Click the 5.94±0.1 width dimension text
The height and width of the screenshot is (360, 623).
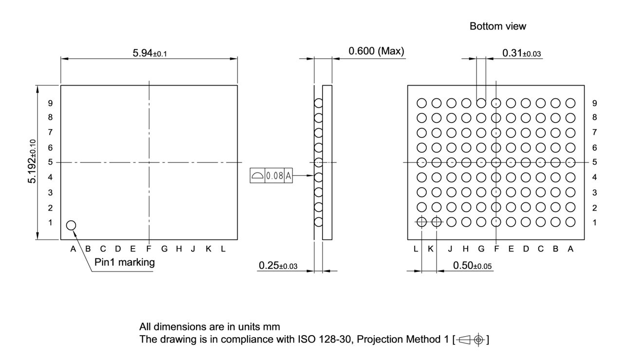click(x=149, y=53)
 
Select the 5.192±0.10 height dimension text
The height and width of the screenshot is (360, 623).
click(x=33, y=162)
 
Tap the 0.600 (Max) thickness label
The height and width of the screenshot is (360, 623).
click(x=376, y=51)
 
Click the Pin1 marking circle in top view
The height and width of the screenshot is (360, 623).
click(x=71, y=225)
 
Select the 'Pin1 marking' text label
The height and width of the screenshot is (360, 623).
click(x=124, y=262)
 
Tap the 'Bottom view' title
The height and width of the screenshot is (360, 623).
click(x=497, y=27)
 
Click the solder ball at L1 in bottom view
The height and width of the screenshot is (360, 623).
click(x=421, y=222)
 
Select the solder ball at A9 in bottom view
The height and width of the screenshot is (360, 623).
click(x=570, y=103)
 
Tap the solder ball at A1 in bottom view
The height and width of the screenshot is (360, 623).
click(x=570, y=222)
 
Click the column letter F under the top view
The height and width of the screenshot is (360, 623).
click(x=149, y=249)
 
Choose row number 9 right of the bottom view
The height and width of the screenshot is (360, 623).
click(x=594, y=103)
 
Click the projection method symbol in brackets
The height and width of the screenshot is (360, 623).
click(x=471, y=339)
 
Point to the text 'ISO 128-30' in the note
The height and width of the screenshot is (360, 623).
click(x=320, y=339)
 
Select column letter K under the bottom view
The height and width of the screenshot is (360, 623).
click(x=430, y=249)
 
